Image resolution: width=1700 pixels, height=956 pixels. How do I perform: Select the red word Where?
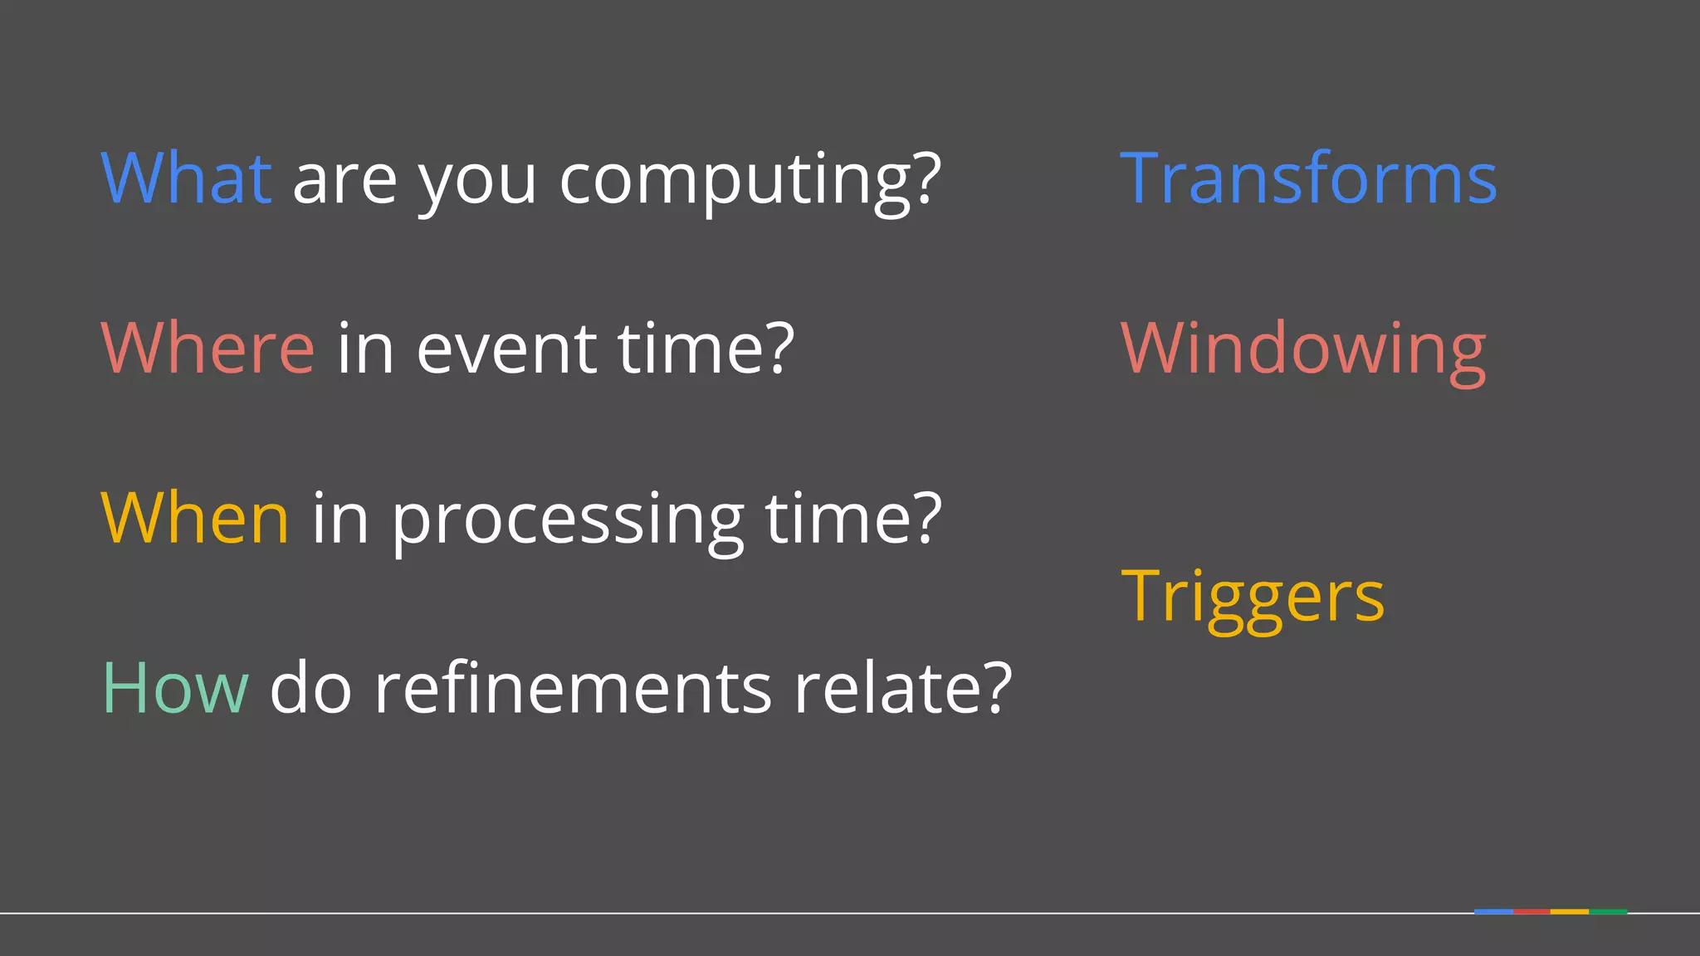pyautogui.click(x=208, y=348)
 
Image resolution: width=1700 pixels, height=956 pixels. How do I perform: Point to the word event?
pyautogui.click(x=506, y=348)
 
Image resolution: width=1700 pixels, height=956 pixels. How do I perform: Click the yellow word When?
pyautogui.click(x=195, y=518)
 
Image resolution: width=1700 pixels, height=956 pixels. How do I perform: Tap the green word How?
pyautogui.click(x=175, y=688)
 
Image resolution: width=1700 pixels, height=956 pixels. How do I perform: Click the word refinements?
pyautogui.click(x=573, y=688)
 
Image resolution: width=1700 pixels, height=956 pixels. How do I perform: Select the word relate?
pyautogui.click(x=903, y=688)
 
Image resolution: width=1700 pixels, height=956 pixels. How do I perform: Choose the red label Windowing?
pyautogui.click(x=1303, y=349)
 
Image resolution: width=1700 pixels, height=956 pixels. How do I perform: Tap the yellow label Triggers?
pyautogui.click(x=1253, y=597)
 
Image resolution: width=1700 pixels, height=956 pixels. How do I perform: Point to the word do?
pyautogui.click(x=311, y=688)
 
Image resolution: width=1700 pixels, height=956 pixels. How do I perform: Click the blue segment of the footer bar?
pyautogui.click(x=1492, y=912)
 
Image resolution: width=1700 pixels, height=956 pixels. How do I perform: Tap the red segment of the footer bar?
pyautogui.click(x=1531, y=912)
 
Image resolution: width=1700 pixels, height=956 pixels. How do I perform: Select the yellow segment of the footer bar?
pyautogui.click(x=1570, y=912)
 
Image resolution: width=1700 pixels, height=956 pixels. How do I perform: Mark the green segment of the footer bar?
pyautogui.click(x=1609, y=912)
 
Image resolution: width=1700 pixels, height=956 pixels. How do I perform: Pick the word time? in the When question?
pyautogui.click(x=853, y=518)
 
